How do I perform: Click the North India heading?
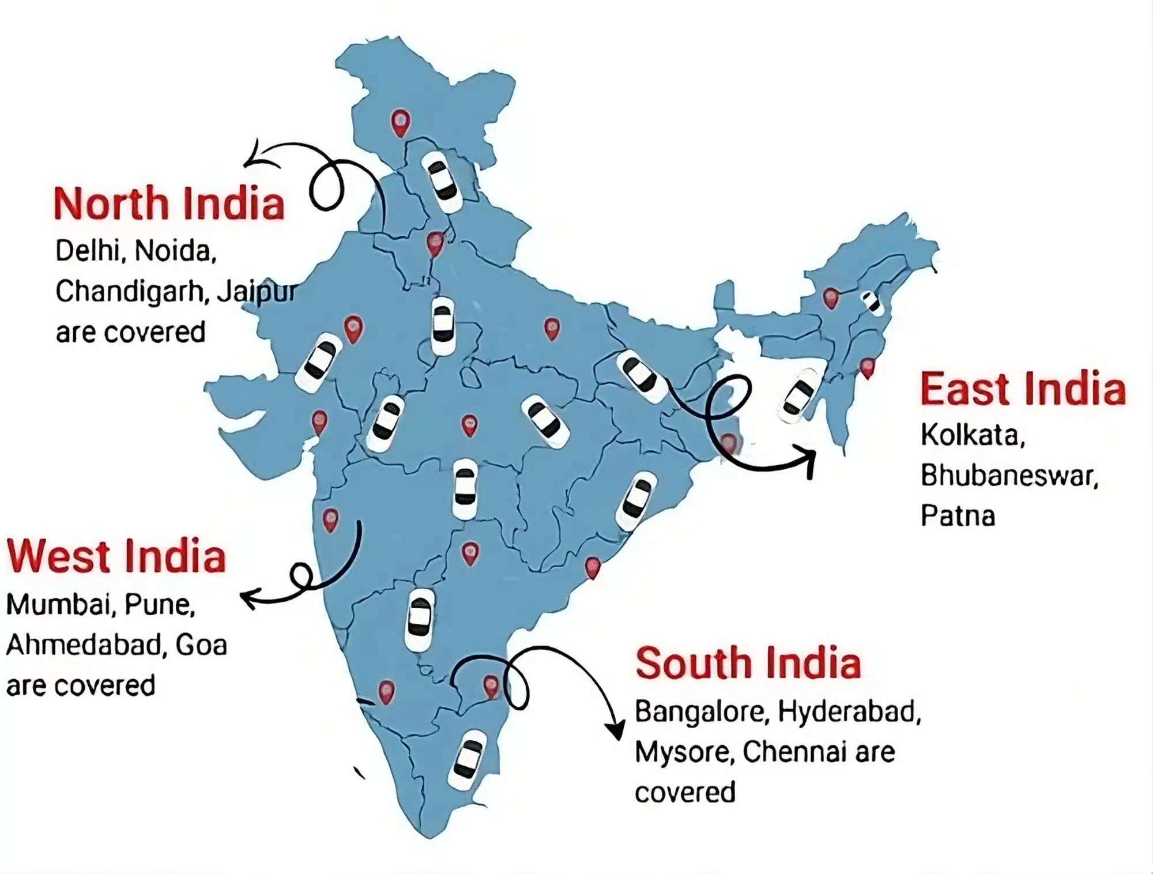pos(168,204)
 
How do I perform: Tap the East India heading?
pos(1023,390)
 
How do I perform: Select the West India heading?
pos(116,556)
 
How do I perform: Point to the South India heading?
pos(748,664)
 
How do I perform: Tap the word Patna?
pos(958,516)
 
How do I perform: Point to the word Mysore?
pos(684,752)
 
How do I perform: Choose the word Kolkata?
pos(973,435)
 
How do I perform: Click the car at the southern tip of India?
pos(468,759)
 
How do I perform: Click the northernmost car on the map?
pos(442,180)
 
